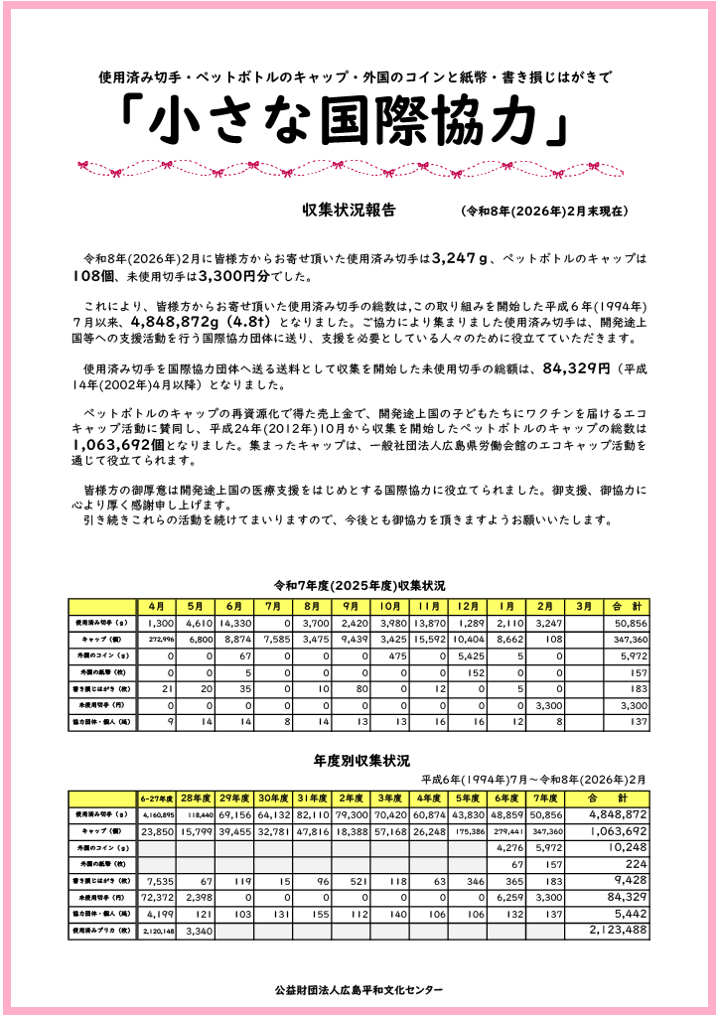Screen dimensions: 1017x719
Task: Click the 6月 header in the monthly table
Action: point(234,606)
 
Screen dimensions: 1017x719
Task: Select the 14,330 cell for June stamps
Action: point(234,623)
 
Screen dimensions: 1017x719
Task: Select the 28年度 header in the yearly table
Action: point(196,798)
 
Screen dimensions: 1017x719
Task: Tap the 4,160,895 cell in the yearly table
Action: point(157,814)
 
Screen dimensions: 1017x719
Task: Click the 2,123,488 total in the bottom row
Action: point(618,931)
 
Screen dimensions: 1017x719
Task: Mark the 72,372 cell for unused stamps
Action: point(157,897)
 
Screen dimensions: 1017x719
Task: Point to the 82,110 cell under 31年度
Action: point(312,814)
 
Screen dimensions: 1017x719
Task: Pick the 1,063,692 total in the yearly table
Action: point(618,831)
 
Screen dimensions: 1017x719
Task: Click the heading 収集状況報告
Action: point(349,211)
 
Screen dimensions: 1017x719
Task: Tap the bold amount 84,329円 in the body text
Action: point(575,368)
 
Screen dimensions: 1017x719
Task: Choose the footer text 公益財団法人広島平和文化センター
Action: point(360,990)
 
